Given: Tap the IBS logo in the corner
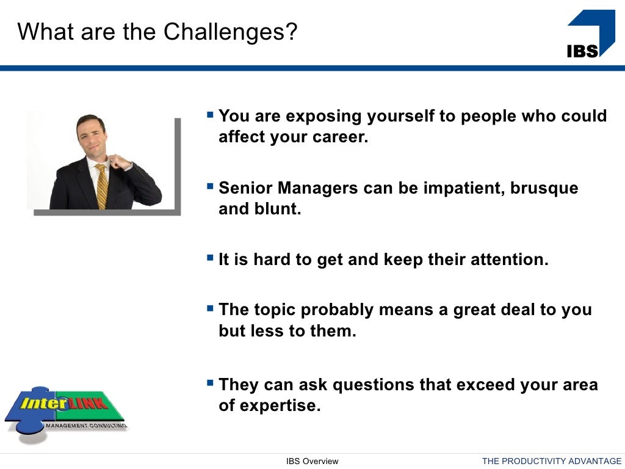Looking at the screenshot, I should [590, 34].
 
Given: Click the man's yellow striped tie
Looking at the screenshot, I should [101, 186].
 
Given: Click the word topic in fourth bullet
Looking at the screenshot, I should [275, 310].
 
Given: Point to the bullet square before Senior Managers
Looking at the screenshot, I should [211, 185].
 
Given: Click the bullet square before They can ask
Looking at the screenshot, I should [211, 382].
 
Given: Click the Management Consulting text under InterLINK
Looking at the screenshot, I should [85, 425].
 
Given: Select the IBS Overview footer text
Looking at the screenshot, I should [312, 462].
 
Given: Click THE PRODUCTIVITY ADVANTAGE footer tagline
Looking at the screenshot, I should [551, 462].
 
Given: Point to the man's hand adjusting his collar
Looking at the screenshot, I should [120, 162].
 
